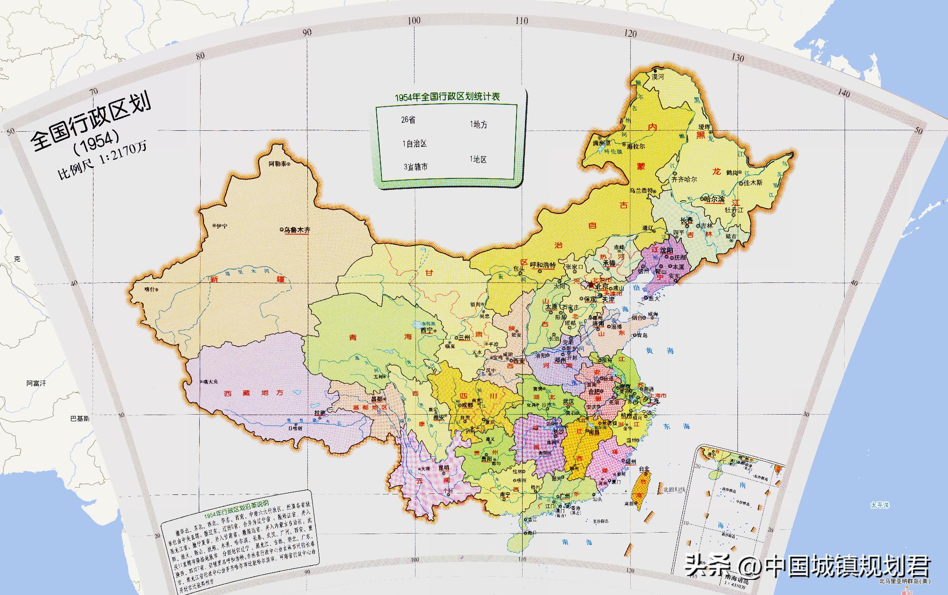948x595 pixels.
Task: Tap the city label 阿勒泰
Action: tap(277, 164)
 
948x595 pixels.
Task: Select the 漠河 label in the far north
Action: tap(658, 76)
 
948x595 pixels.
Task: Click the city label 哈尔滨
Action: tap(714, 200)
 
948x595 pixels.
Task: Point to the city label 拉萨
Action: tap(320, 413)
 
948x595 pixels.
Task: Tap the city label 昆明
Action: tap(444, 468)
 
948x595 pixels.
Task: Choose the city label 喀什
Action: tap(149, 289)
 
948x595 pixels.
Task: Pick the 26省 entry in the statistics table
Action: tap(408, 120)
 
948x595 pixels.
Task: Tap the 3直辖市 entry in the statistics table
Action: tap(415, 167)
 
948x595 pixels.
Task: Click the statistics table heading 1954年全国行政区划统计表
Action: tap(447, 97)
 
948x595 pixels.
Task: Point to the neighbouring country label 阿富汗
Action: tap(36, 383)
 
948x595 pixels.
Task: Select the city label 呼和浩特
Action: tap(543, 265)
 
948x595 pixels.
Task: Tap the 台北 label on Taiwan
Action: tap(643, 469)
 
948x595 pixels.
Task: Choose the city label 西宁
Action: tap(426, 330)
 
